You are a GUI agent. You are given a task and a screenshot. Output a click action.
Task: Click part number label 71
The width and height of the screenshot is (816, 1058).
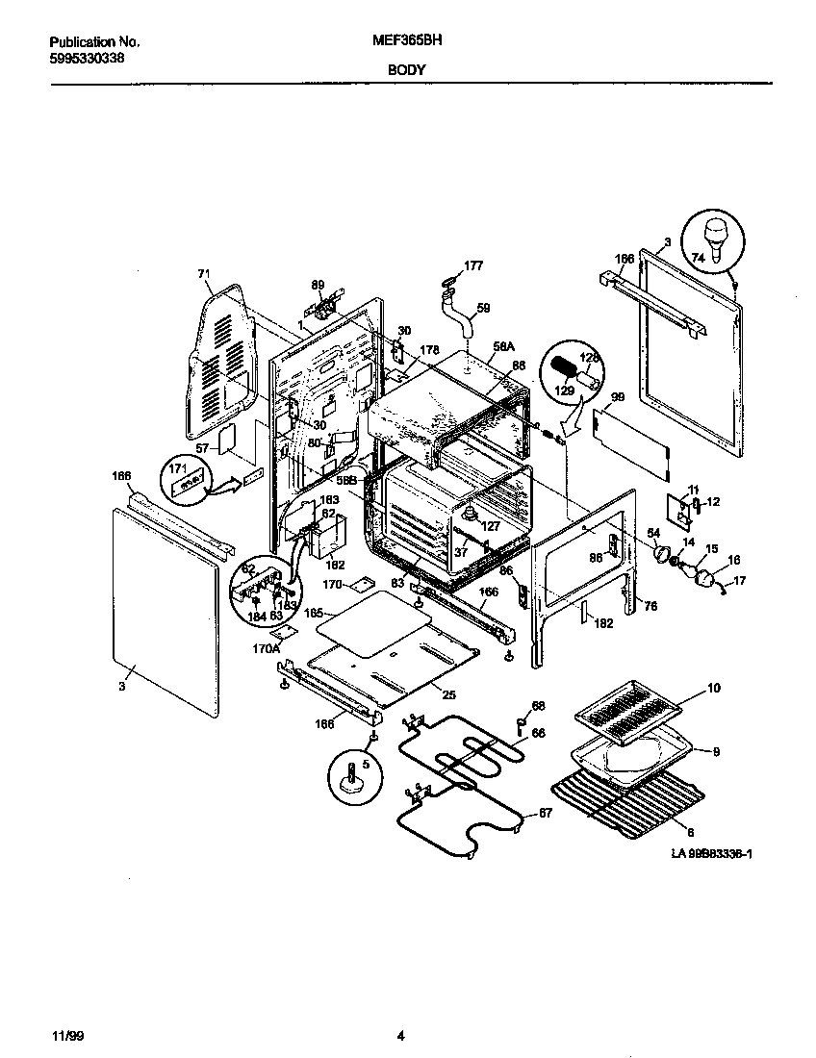pos(203,274)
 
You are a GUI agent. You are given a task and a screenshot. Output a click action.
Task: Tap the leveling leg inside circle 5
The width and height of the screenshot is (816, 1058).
pos(353,775)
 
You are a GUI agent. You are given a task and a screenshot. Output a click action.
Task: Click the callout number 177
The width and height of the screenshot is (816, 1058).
pos(473,265)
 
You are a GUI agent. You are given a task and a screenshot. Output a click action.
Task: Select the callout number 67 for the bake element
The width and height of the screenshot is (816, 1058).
pos(546,814)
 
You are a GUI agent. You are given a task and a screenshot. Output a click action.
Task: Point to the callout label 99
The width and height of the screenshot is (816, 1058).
pos(618,397)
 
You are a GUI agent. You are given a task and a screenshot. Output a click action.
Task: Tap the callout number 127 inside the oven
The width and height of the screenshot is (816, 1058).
pos(491,525)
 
